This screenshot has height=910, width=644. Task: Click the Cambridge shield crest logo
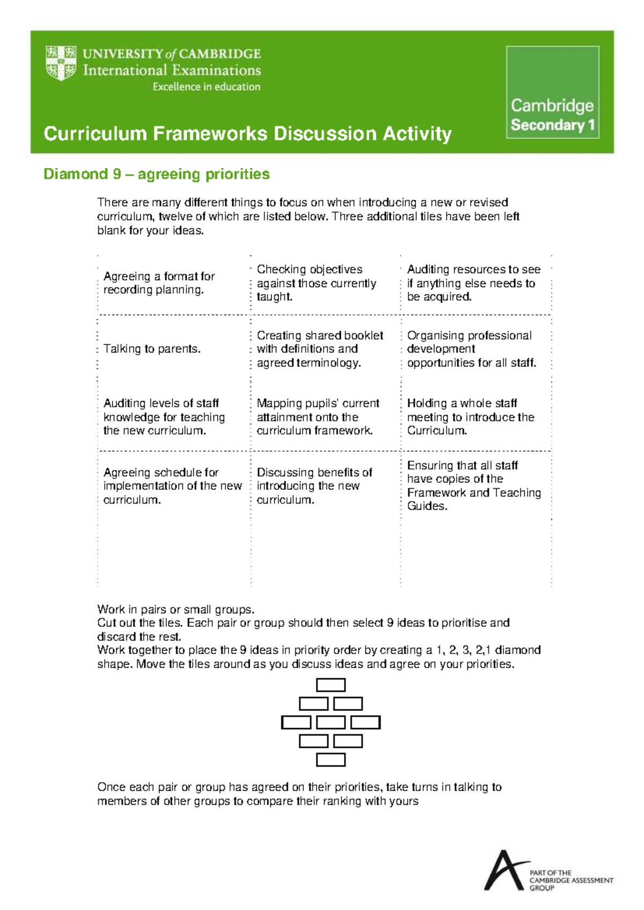(61, 63)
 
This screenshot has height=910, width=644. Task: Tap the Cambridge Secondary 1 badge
(552, 92)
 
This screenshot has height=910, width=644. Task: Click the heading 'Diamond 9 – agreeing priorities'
(156, 174)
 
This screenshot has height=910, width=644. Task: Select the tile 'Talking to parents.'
(152, 349)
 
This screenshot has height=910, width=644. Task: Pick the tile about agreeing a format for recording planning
(159, 283)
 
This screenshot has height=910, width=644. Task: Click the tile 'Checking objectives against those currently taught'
(316, 283)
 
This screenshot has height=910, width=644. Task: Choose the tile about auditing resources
(473, 283)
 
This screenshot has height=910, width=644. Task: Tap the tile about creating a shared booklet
(320, 349)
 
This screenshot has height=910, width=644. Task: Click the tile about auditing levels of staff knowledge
(164, 417)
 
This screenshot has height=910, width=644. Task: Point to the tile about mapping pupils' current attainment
(318, 417)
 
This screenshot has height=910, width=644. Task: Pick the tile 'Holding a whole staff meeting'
(470, 417)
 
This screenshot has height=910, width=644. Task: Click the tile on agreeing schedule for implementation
(172, 486)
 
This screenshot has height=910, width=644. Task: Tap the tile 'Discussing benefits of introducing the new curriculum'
(314, 486)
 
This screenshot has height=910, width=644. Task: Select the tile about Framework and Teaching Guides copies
(473, 486)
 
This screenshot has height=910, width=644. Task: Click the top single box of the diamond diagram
(331, 685)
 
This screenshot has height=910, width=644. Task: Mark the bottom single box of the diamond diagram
(331, 760)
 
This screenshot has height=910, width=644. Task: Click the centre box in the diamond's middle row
(331, 723)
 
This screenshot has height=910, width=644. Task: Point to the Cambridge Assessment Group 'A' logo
(504, 870)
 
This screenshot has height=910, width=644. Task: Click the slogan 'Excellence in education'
(206, 87)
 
